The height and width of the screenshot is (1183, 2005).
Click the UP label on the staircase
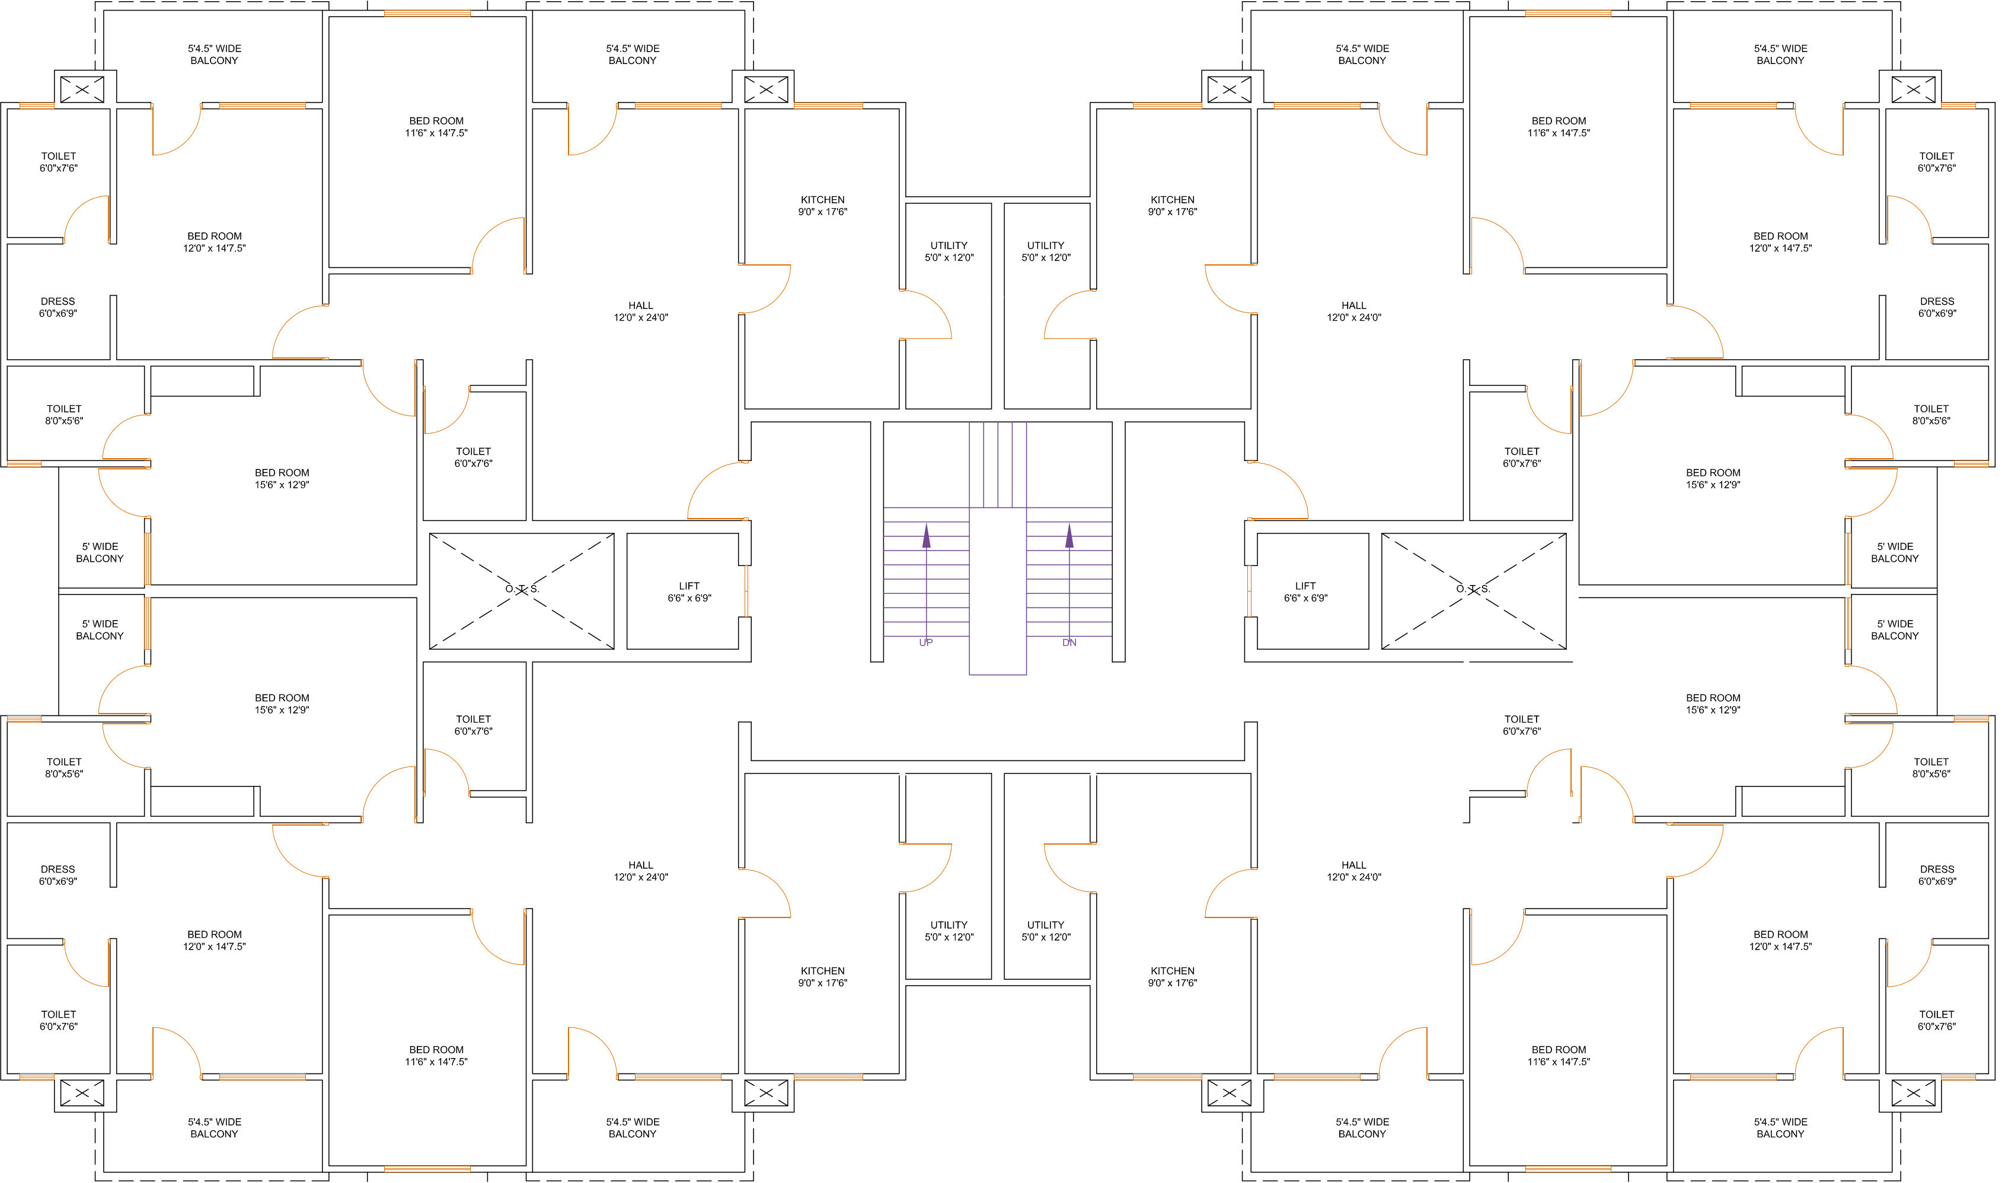pyautogui.click(x=925, y=642)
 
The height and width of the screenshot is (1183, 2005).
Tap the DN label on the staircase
pyautogui.click(x=1069, y=642)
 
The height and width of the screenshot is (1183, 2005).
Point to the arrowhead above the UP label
pyautogui.click(x=927, y=536)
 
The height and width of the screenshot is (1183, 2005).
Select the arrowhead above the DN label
pyautogui.click(x=1069, y=536)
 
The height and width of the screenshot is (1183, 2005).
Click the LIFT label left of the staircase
pyautogui.click(x=689, y=586)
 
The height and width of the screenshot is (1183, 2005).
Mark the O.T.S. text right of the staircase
pyautogui.click(x=1473, y=589)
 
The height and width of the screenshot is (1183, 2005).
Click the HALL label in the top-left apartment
pyautogui.click(x=640, y=305)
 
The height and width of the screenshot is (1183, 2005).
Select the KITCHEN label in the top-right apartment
pyautogui.click(x=1172, y=200)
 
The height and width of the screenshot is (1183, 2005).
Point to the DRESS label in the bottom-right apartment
pyautogui.click(x=1936, y=869)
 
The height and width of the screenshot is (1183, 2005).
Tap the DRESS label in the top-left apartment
pyautogui.click(x=58, y=301)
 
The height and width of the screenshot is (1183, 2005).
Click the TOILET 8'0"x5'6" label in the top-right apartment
pyautogui.click(x=1931, y=414)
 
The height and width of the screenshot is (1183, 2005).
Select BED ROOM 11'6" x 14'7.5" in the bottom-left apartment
pyautogui.click(x=436, y=1056)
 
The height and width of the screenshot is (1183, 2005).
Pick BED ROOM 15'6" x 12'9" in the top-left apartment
pyautogui.click(x=282, y=478)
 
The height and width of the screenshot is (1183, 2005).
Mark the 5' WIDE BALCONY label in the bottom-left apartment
pyautogui.click(x=100, y=630)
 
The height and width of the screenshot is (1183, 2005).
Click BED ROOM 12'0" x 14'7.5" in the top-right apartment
pyautogui.click(x=1780, y=242)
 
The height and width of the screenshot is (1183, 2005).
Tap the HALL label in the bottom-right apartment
pyautogui.click(x=1353, y=865)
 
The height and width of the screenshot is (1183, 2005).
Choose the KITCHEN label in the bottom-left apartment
pyautogui.click(x=823, y=971)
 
